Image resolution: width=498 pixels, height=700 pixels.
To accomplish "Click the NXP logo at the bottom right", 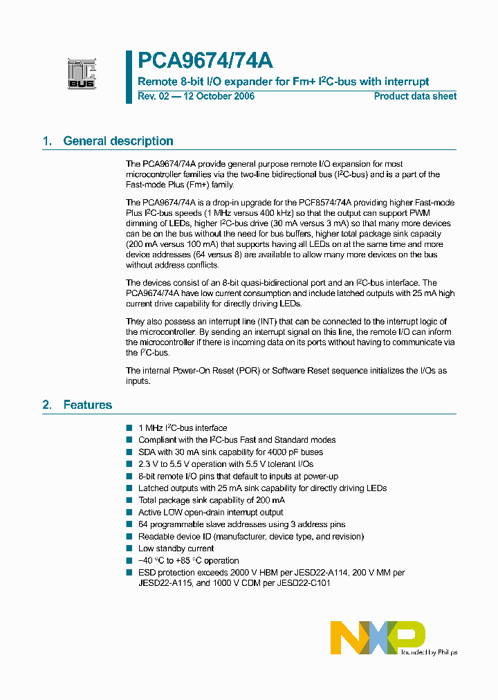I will (378, 636).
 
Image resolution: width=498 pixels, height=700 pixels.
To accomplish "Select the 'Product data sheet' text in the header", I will (415, 96).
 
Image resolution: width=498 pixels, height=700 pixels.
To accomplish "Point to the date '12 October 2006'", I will (218, 96).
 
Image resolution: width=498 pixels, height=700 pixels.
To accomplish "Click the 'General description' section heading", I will (118, 141).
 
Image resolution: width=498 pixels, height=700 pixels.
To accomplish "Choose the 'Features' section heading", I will (87, 405).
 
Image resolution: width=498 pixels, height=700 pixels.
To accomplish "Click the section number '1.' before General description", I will (48, 141).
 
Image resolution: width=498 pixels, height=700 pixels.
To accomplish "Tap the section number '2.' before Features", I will (48, 405).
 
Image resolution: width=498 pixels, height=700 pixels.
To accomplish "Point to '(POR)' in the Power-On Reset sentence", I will (248, 371).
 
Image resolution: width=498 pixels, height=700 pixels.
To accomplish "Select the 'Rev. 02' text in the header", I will (153, 96).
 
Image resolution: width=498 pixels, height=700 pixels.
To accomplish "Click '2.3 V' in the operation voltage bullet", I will (148, 464).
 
